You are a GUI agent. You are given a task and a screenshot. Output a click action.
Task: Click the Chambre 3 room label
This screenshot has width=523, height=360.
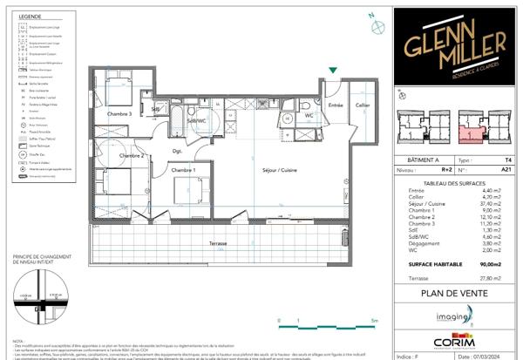pos(120,113)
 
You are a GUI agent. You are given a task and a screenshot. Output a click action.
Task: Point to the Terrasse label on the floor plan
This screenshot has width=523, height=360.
pos(207,243)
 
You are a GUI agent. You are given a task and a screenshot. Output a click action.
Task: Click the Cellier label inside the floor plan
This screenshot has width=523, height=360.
pos(362,105)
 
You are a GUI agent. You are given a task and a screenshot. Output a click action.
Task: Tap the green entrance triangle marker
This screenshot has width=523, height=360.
pos(332,71)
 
